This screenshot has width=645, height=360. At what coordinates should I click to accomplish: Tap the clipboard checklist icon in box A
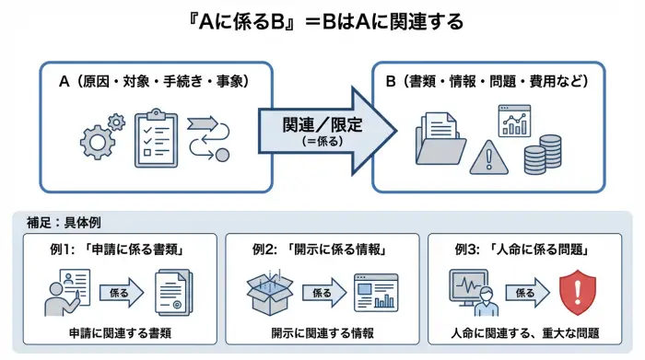click(x=156, y=139)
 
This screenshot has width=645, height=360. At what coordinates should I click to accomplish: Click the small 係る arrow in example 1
click(x=119, y=294)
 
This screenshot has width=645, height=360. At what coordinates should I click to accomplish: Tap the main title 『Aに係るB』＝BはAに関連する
click(x=322, y=20)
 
